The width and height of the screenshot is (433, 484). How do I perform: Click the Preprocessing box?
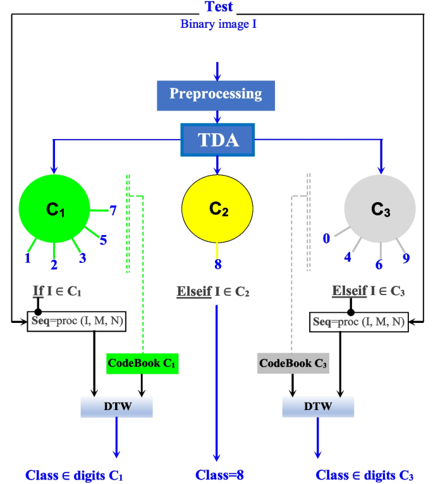coord(216,94)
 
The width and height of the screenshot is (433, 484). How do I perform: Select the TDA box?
coord(217,139)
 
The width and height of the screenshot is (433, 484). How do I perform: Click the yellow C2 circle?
coord(217,206)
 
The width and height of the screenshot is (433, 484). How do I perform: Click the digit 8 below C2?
coord(218,264)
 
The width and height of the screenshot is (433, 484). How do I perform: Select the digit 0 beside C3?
coord(327,238)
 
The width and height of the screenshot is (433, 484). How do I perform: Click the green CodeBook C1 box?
coord(142,363)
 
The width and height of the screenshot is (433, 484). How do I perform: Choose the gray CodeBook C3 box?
coord(293,363)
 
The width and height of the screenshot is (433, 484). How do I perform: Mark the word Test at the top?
coord(219,8)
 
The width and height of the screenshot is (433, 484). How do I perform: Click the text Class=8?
coord(219,475)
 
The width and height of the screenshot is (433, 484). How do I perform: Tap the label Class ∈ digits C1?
coord(74,475)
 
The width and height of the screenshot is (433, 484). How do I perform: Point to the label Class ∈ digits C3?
coord(365,475)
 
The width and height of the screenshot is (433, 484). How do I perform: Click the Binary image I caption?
coord(218,24)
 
